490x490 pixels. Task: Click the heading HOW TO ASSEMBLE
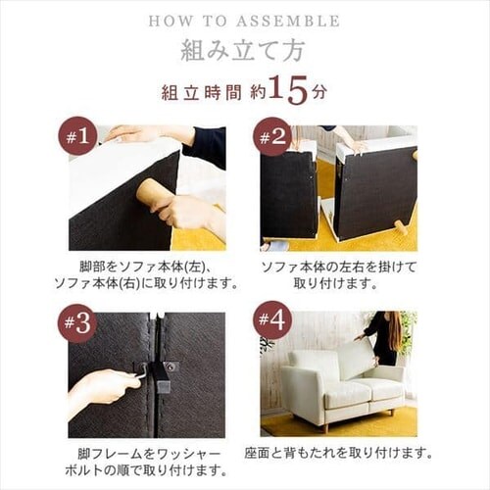(x=245, y=20)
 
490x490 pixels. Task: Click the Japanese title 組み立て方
(x=245, y=49)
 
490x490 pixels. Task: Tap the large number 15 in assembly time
(x=288, y=90)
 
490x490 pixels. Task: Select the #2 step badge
(x=272, y=138)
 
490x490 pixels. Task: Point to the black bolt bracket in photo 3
(x=159, y=376)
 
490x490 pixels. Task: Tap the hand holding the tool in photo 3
(x=103, y=386)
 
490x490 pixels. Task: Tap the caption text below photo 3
(x=147, y=462)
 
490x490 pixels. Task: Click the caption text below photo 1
(x=147, y=274)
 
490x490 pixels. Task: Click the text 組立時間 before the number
(x=202, y=93)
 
